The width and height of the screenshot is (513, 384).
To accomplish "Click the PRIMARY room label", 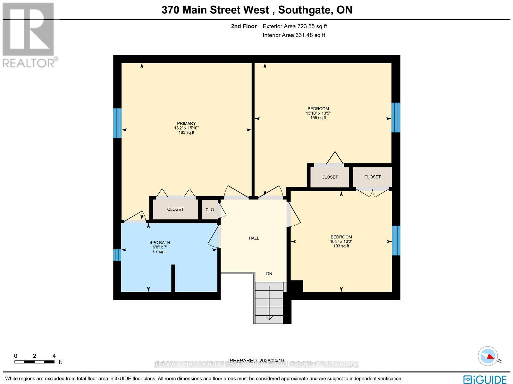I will [x=186, y=123].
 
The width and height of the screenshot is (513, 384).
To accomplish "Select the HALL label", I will [x=254, y=238].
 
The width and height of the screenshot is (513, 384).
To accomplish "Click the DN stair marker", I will [x=269, y=274].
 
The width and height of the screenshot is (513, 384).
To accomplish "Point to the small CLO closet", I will [x=210, y=210].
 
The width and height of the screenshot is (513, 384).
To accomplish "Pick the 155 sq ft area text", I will [x=318, y=118].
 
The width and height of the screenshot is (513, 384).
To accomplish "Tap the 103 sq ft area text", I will [x=341, y=246].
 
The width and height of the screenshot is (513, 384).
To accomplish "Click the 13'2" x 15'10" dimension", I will [x=186, y=128].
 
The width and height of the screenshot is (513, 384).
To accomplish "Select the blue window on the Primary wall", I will [x=117, y=123].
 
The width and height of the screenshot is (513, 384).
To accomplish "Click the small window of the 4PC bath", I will [x=117, y=255].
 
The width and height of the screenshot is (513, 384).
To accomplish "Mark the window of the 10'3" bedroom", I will [x=396, y=240].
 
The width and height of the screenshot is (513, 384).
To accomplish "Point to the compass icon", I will [x=488, y=356].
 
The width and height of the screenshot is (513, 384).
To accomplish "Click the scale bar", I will [x=34, y=362].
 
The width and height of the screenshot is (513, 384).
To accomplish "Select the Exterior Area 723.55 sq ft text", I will [x=295, y=27].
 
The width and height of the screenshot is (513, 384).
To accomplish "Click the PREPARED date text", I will [x=257, y=360].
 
